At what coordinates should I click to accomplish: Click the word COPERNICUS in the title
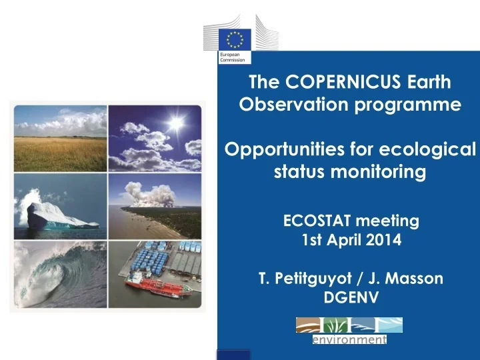coord(343,82)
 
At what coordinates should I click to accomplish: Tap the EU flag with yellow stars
coord(235,39)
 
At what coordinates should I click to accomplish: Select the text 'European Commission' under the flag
coord(233,57)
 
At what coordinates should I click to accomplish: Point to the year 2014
coord(383,240)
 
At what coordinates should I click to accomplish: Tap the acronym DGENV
coord(351,297)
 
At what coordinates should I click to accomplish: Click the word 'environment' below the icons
coord(349,339)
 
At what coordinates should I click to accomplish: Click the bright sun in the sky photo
coord(176,123)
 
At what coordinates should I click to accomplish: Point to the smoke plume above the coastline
coord(150,195)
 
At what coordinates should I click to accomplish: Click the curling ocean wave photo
coord(60,275)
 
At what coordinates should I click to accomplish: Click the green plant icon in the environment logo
coord(335,325)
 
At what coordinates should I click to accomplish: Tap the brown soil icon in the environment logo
coord(308,325)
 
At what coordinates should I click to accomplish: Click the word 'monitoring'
coord(378,172)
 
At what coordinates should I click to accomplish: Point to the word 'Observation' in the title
coord(294,105)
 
